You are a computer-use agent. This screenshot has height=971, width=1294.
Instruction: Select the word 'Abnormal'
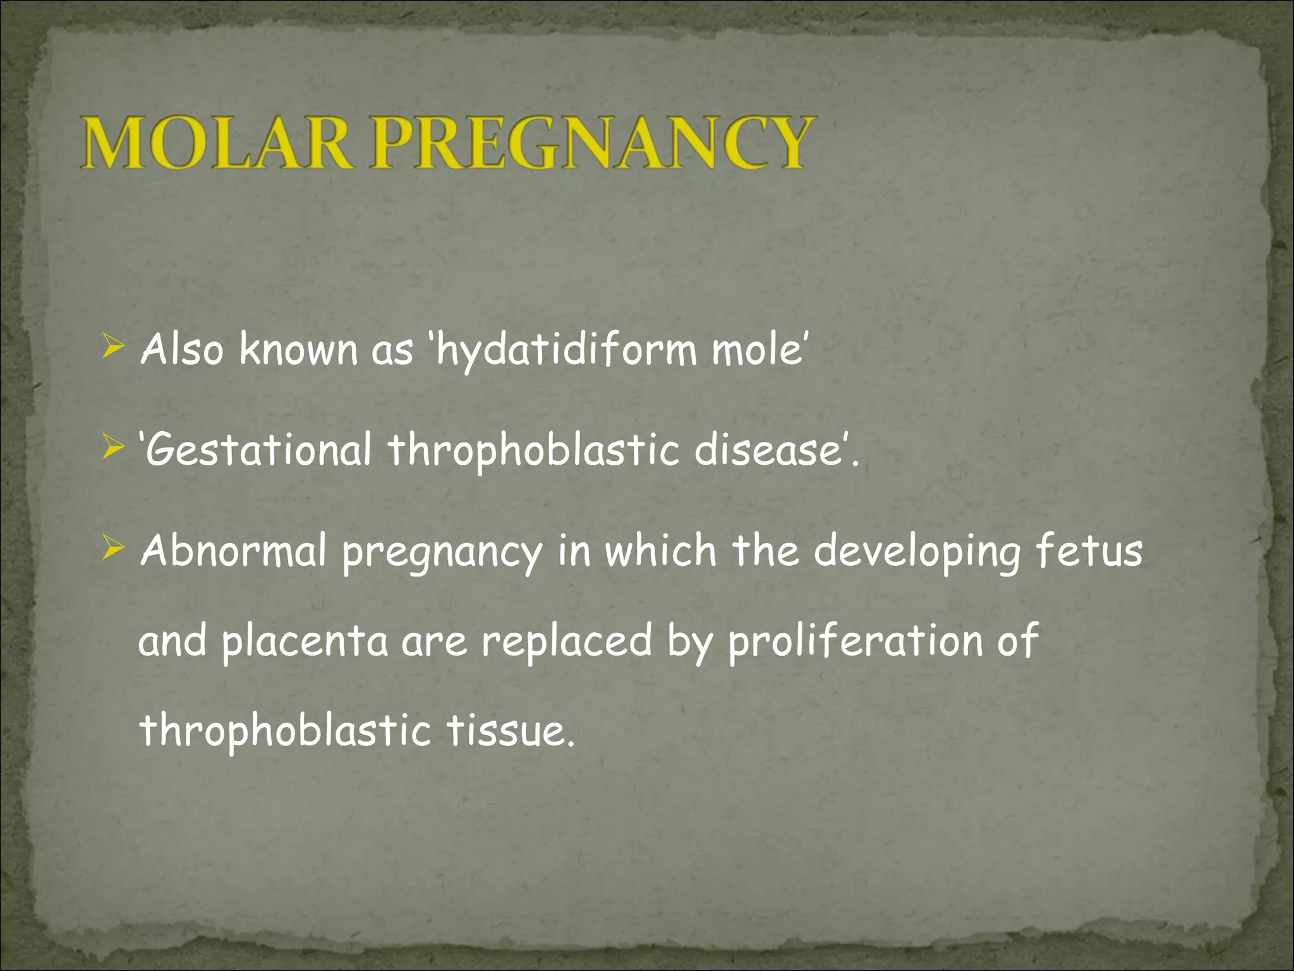click(x=234, y=550)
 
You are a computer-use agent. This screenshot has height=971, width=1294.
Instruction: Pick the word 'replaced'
click(x=566, y=640)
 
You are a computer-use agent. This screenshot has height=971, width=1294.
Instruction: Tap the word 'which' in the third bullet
click(x=660, y=550)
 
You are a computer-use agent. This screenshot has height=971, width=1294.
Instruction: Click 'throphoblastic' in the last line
click(x=284, y=731)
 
